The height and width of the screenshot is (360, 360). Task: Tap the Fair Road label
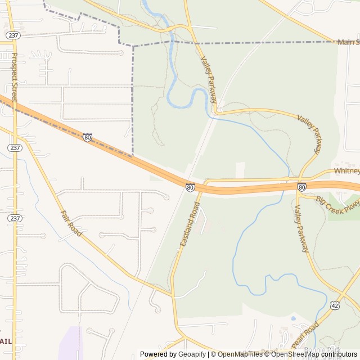click(71, 223)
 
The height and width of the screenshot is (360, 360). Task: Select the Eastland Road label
click(190, 226)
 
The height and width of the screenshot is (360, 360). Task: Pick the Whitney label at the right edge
click(346, 171)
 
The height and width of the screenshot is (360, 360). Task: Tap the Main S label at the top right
click(348, 42)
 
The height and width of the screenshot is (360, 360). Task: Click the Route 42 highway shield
click(335, 305)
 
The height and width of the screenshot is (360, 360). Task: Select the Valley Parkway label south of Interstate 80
click(301, 228)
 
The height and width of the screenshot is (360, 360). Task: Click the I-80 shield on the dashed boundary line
click(87, 137)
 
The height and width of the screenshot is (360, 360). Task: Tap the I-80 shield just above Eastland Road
click(190, 187)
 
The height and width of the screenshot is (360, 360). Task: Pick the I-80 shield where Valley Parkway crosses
click(301, 187)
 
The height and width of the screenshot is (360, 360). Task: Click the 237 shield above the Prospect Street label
click(12, 35)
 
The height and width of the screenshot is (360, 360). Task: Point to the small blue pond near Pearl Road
click(293, 318)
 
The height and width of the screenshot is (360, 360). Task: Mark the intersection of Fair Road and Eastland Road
click(172, 294)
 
